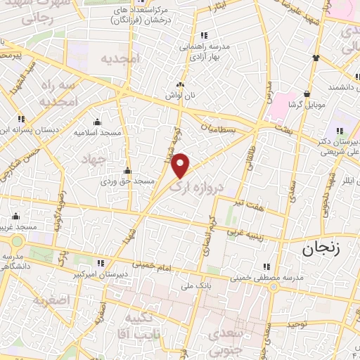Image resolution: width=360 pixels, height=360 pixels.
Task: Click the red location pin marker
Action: pyautogui.click(x=181, y=165)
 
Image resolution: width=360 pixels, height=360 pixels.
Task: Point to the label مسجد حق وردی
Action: pyautogui.click(x=127, y=181)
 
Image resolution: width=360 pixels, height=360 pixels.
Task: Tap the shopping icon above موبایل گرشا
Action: pyautogui.click(x=307, y=94)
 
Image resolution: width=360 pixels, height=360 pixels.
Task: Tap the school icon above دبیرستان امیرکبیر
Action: pyautogui.click(x=101, y=263)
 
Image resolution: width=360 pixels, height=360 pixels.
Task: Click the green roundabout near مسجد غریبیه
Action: pyautogui.click(x=15, y=240)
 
